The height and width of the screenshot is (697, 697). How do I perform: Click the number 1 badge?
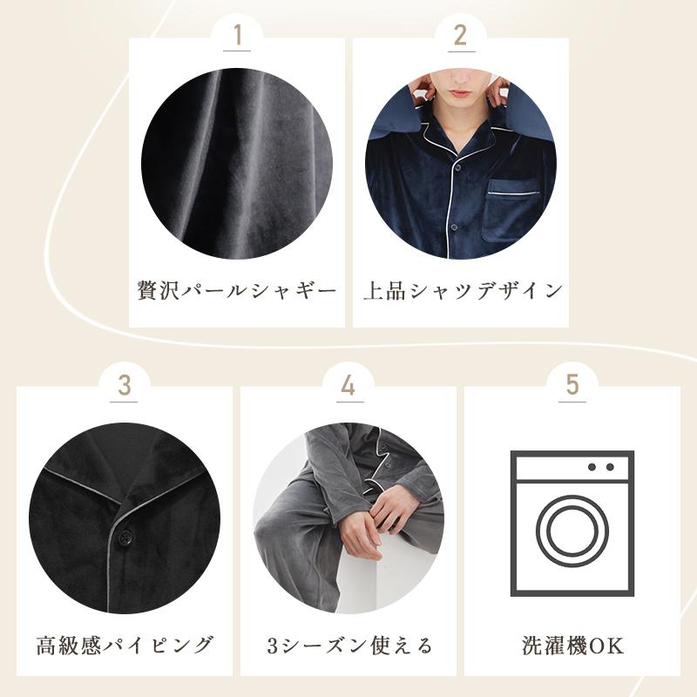[237, 36]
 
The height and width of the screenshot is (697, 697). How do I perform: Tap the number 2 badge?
[461, 36]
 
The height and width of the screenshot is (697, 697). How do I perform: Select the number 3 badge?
[125, 384]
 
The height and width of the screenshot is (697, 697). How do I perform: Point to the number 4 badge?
[348, 384]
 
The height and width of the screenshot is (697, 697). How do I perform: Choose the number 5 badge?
[572, 384]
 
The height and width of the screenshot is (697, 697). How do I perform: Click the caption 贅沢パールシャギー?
[237, 290]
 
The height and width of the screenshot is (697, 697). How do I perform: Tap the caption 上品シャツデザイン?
[461, 290]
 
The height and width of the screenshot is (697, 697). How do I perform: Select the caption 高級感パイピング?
[125, 646]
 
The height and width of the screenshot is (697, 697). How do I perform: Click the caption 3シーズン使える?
[348, 646]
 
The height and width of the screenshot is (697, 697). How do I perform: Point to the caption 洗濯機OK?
[572, 646]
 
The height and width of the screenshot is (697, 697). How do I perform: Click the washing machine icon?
[572, 522]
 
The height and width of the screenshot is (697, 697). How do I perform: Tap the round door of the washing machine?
[572, 531]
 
